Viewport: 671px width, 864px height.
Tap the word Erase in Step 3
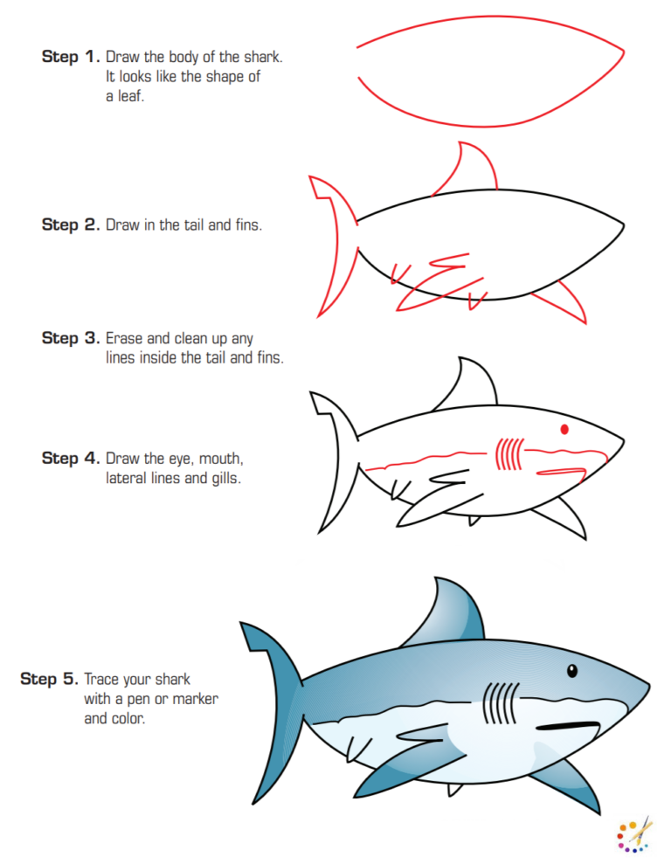[123, 338]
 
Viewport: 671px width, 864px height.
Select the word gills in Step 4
[222, 478]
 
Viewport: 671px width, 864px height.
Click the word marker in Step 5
[197, 699]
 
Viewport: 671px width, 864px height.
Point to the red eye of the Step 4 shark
[564, 429]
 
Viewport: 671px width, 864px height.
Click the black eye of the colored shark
[571, 671]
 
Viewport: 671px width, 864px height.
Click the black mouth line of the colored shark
[568, 726]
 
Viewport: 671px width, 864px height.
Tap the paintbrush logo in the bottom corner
[634, 833]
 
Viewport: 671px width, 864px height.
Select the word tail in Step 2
[192, 225]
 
